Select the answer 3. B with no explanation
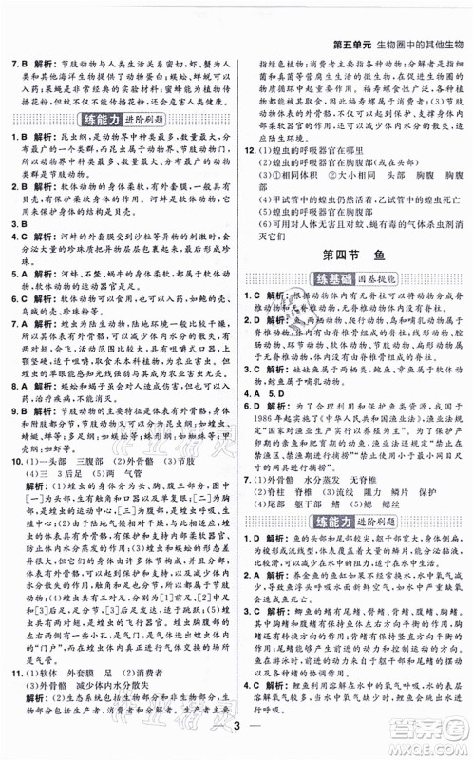tap(16, 226)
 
